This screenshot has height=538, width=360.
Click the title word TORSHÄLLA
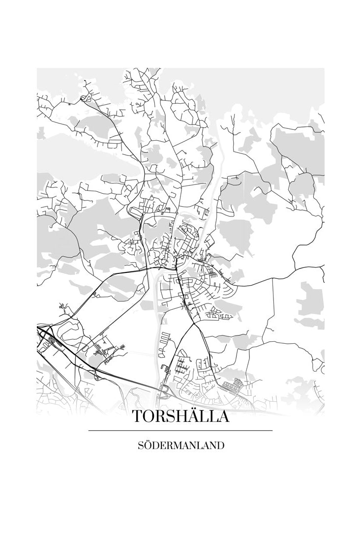[x=180, y=417]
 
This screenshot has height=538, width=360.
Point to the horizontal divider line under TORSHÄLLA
[x=180, y=431]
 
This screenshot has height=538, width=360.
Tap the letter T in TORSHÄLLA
[x=137, y=417]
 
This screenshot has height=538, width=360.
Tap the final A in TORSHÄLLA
[x=222, y=417]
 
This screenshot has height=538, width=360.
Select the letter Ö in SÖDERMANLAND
[x=146, y=446]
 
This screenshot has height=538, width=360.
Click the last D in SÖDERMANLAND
[x=221, y=446]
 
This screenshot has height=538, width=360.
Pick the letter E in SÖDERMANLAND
[x=161, y=446]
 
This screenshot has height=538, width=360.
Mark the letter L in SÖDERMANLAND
[x=198, y=446]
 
